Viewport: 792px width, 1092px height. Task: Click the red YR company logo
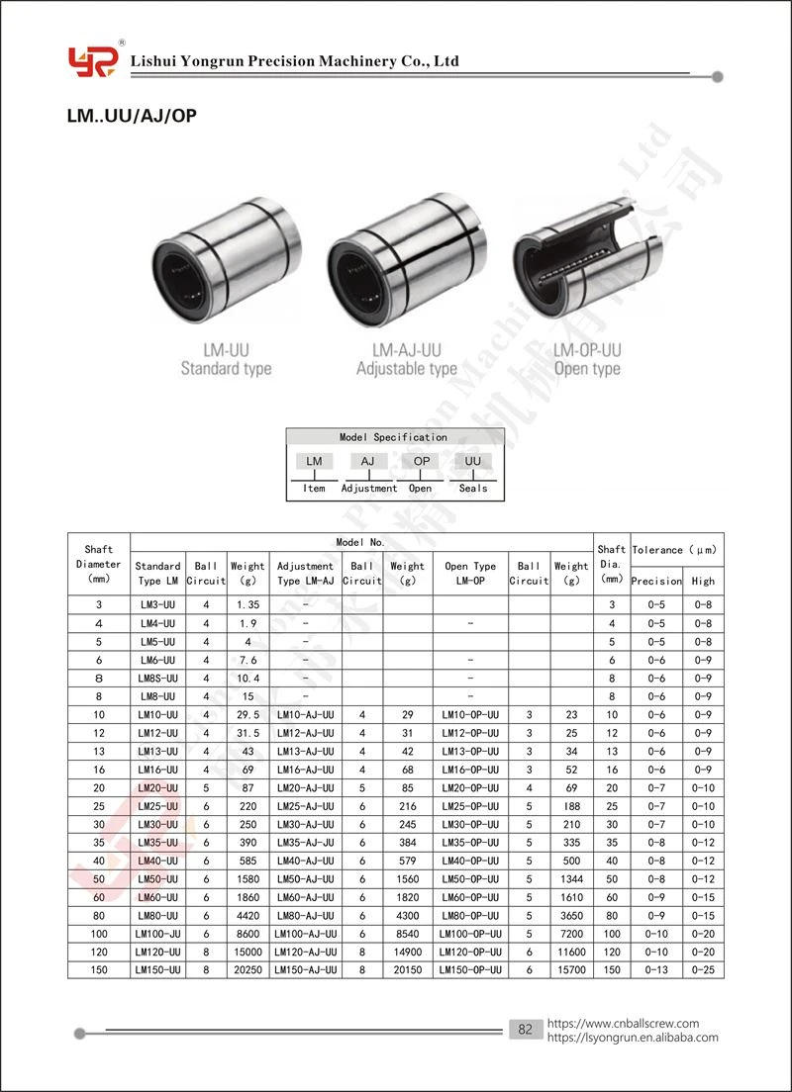pyautogui.click(x=93, y=60)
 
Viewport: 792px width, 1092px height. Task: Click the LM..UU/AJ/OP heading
pyautogui.click(x=132, y=116)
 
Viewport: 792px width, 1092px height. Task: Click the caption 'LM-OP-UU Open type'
pyautogui.click(x=587, y=359)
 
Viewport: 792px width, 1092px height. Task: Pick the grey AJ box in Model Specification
pyautogui.click(x=367, y=461)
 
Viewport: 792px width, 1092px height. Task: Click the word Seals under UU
pyautogui.click(x=473, y=489)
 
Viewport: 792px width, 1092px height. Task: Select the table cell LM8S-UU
pyautogui.click(x=157, y=679)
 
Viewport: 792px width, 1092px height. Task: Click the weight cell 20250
pyautogui.click(x=247, y=969)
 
